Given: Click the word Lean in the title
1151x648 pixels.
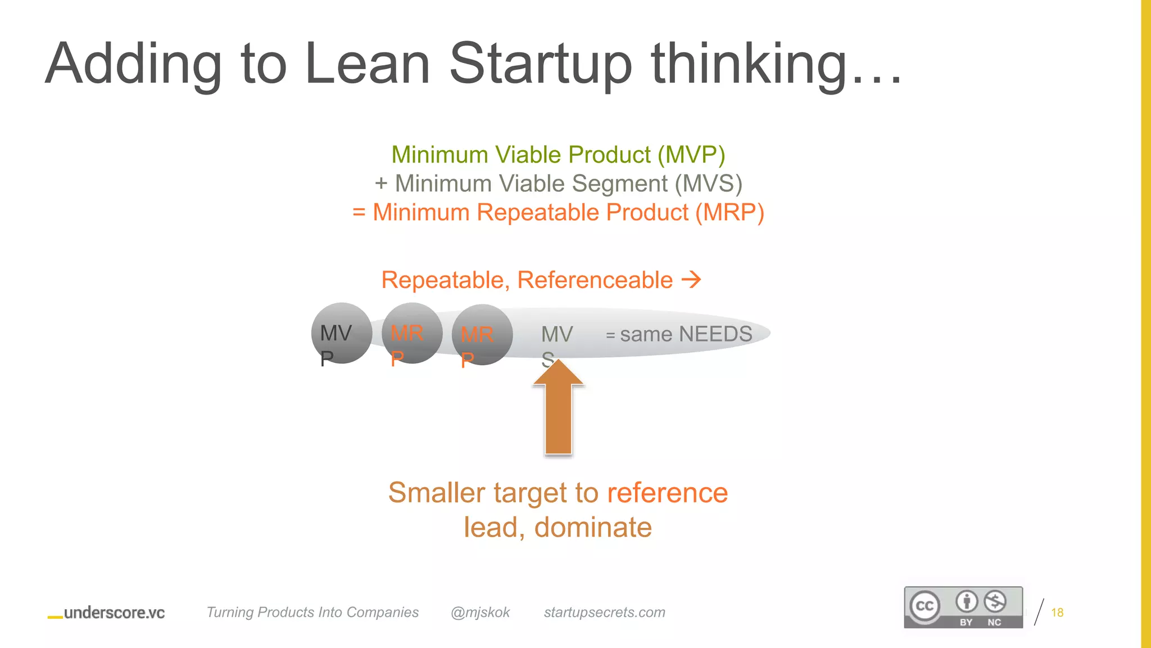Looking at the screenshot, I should [x=367, y=64].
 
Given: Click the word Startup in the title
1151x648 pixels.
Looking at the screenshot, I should [x=541, y=64].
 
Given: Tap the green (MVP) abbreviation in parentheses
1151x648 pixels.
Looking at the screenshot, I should [x=691, y=155].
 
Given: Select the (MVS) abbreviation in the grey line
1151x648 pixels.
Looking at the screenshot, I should [x=708, y=184].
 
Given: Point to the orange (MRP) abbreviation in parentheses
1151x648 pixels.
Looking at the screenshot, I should [x=729, y=213].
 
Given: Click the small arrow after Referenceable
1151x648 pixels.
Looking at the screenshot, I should [x=691, y=279].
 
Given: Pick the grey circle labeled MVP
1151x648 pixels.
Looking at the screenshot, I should [x=341, y=333].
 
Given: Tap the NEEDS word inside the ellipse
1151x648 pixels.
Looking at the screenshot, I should [x=715, y=334].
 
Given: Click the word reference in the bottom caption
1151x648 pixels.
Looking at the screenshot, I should [x=667, y=493].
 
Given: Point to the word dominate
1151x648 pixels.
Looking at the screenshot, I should [x=593, y=528].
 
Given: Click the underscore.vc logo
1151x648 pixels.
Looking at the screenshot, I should [x=107, y=613].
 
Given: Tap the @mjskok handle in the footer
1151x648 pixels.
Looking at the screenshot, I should [x=480, y=613].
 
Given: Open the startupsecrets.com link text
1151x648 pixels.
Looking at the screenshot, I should [x=604, y=613].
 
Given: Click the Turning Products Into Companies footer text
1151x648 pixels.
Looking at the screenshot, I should [x=312, y=613].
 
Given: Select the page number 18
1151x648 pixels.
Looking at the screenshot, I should [x=1057, y=613].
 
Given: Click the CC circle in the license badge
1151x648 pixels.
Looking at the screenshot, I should [x=925, y=606].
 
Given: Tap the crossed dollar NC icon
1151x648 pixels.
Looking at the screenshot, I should [x=995, y=602].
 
